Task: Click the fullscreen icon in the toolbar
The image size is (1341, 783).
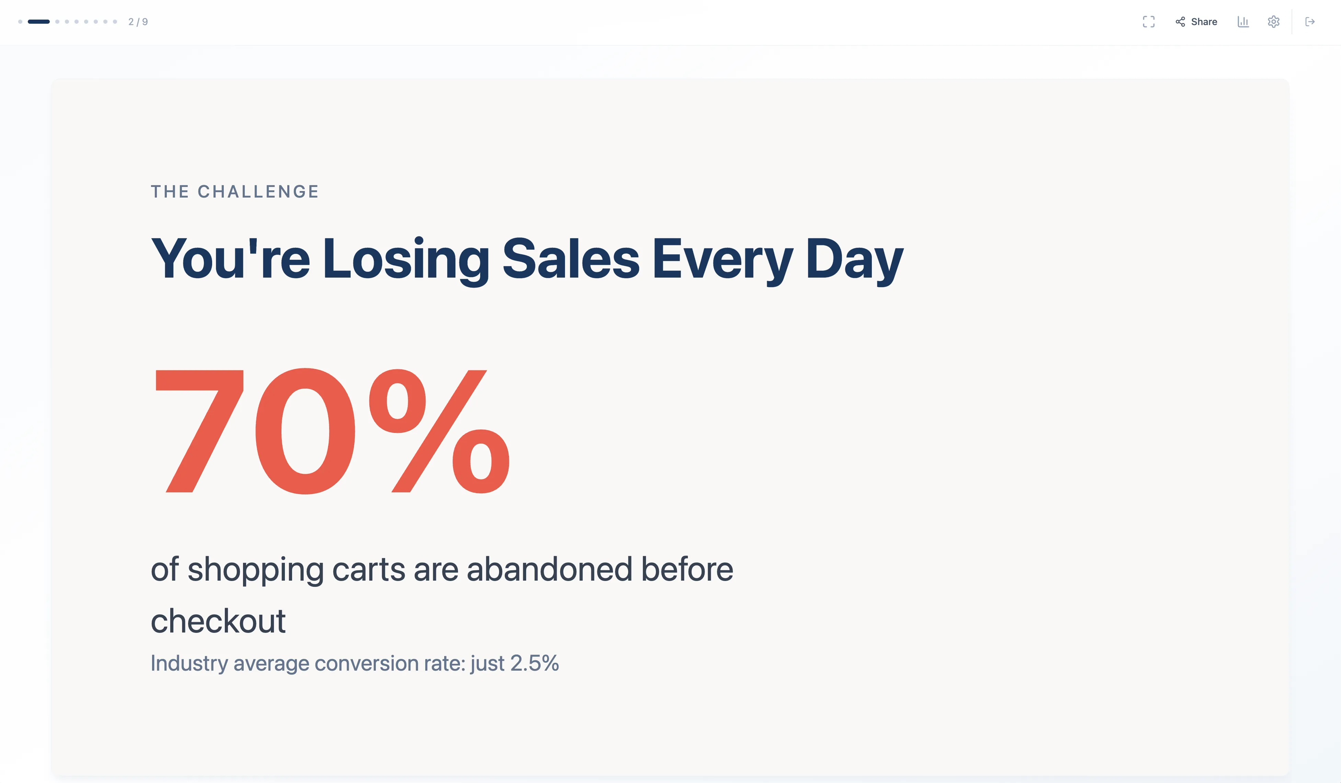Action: [1148, 22]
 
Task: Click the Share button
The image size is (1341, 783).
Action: [1196, 22]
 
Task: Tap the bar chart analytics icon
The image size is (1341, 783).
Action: [1243, 22]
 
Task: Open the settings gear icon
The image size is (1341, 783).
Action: [1273, 22]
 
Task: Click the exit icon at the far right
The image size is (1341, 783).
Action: [1310, 22]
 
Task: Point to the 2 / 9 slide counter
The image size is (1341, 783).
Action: [138, 22]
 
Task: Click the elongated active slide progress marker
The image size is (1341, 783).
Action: [38, 22]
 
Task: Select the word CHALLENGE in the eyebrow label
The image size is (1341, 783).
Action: [258, 192]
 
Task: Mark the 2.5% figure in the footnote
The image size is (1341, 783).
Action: [534, 663]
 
